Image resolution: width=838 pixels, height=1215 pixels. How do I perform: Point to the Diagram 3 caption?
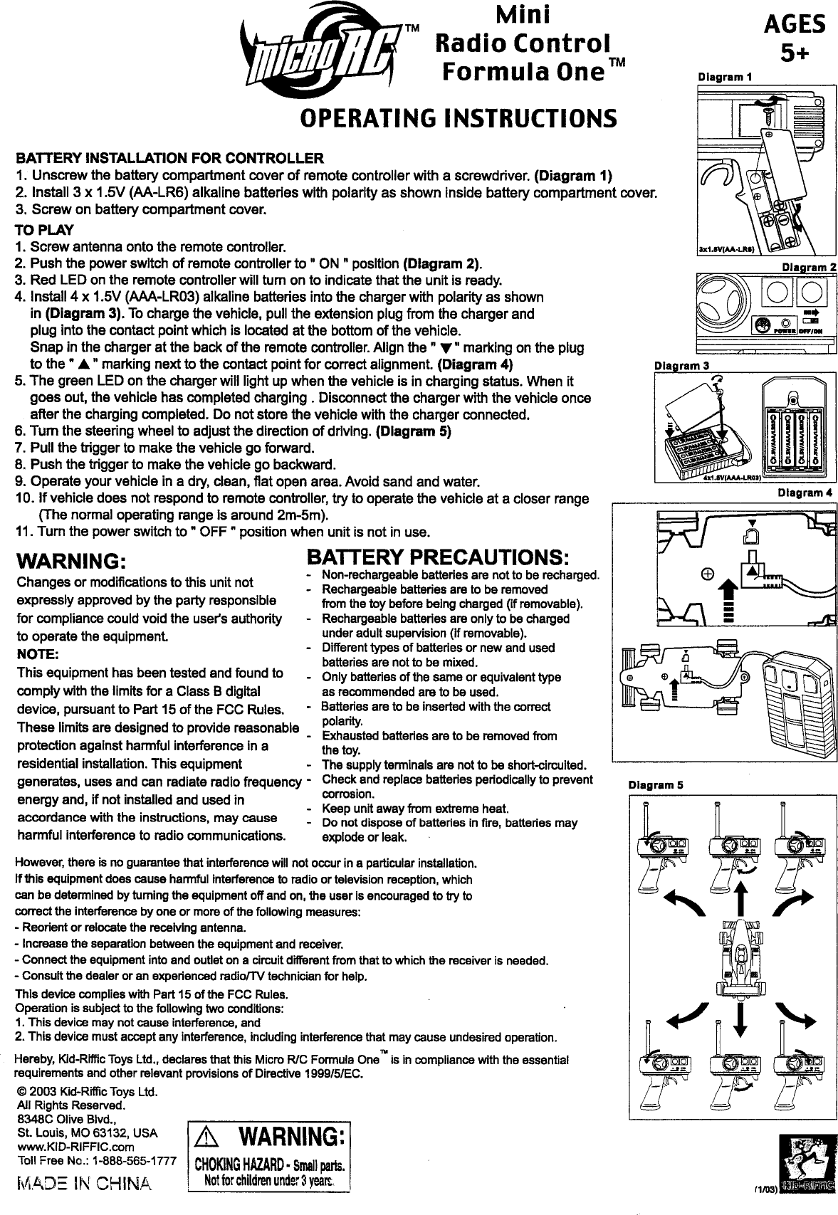tap(682, 366)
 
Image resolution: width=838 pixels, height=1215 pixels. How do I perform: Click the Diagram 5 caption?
tap(655, 784)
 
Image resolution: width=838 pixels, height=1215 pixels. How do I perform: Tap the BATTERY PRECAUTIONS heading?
tap(436, 557)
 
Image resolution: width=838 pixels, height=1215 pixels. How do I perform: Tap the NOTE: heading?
tap(37, 654)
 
